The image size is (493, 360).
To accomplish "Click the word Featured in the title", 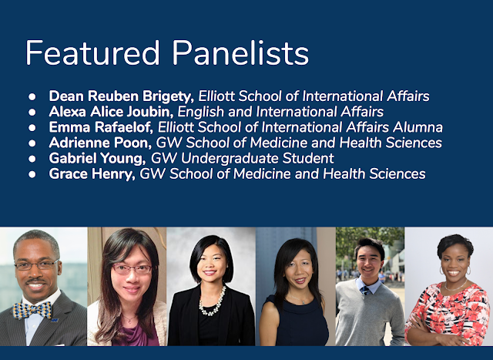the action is (x=92, y=52).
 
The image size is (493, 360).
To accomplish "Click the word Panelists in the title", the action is (x=240, y=52).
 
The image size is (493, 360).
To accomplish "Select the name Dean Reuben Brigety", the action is (x=122, y=96).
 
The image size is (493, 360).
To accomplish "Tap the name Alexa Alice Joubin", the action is (x=111, y=112).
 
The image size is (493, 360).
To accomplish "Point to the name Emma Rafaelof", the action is (x=101, y=127).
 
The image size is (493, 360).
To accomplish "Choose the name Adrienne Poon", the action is (x=100, y=143).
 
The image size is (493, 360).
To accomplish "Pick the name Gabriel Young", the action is (x=97, y=158).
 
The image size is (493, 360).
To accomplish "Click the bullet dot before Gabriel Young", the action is (x=32, y=159).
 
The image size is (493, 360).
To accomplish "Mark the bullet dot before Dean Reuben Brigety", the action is (x=32, y=96).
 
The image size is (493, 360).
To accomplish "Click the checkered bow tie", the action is (x=32, y=310).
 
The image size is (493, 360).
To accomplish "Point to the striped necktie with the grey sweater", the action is (x=364, y=290).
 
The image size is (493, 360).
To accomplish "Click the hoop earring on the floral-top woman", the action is (x=468, y=271).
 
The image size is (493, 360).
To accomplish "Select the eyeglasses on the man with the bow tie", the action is (x=37, y=265).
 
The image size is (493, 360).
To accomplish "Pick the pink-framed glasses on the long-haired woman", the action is (x=132, y=269).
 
